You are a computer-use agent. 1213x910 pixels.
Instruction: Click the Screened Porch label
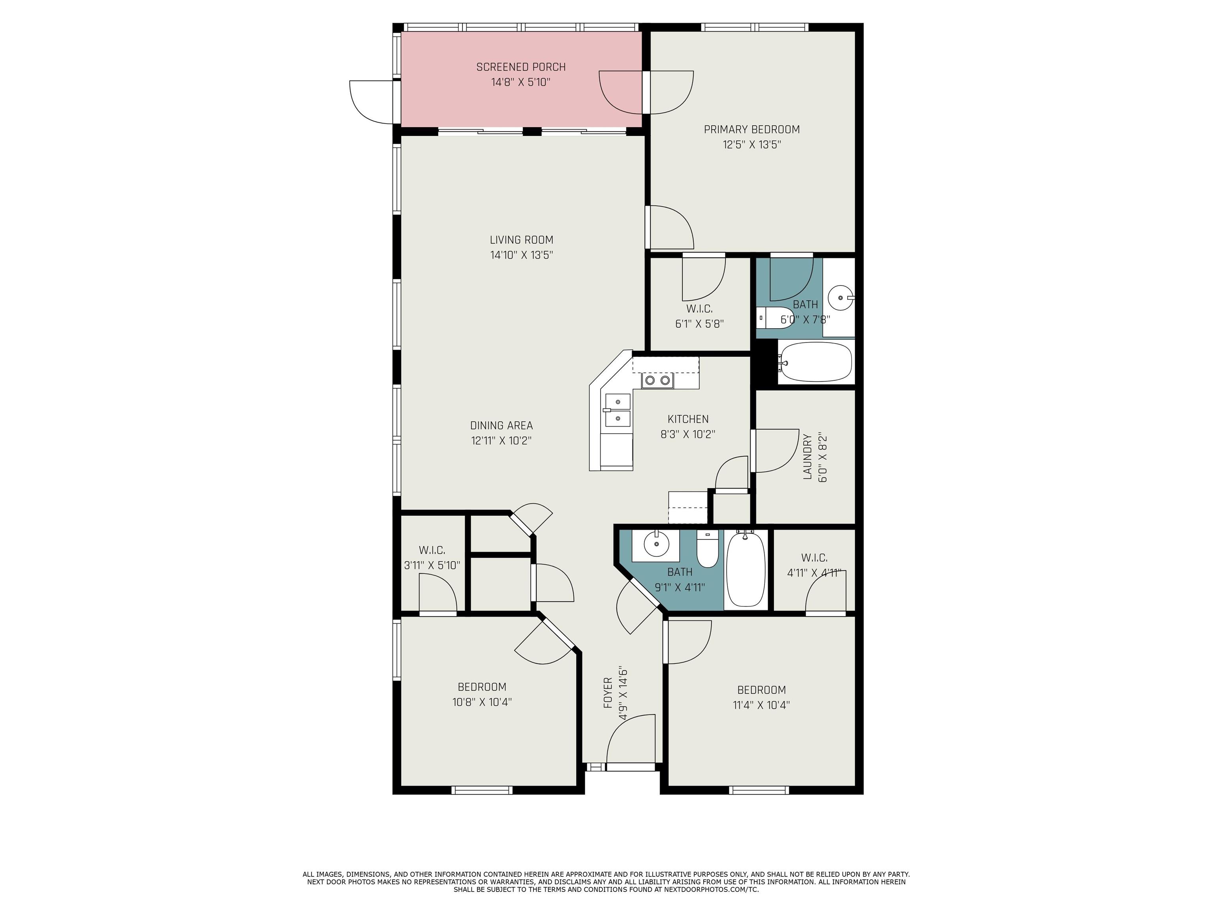[521, 67]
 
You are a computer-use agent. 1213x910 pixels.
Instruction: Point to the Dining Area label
[501, 425]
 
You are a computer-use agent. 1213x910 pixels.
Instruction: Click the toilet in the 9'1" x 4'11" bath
[708, 549]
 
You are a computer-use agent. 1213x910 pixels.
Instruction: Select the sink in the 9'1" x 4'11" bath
[656, 545]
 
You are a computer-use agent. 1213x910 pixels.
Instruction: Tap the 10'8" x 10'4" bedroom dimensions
[482, 701]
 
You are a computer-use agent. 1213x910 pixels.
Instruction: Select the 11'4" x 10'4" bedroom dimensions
[761, 705]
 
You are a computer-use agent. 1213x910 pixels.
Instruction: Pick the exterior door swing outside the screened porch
[372, 102]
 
